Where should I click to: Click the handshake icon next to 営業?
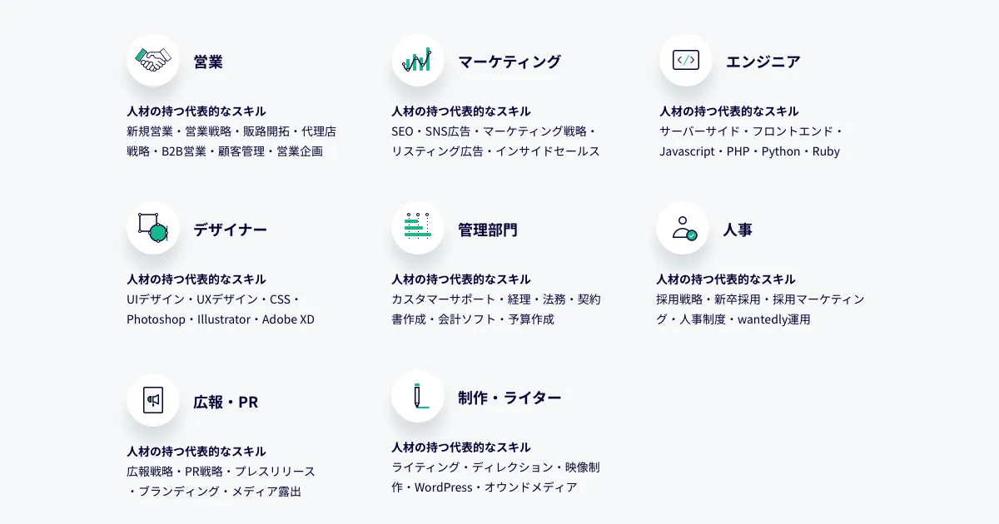(153, 60)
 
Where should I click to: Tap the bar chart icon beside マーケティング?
(417, 60)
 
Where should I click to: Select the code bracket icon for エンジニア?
(685, 60)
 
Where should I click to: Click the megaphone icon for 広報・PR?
(153, 400)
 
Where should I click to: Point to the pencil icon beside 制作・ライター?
(420, 396)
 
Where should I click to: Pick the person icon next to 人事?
(684, 228)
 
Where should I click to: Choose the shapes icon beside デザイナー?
(153, 228)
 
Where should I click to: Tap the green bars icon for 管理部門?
(418, 225)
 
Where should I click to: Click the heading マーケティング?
(509, 62)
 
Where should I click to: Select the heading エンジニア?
(763, 62)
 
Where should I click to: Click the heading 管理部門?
(488, 230)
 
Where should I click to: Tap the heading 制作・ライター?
(509, 398)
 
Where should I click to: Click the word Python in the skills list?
(781, 151)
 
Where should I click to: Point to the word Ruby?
(826, 151)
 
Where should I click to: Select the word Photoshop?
(157, 319)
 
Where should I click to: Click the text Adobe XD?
(288, 319)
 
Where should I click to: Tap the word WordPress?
(443, 487)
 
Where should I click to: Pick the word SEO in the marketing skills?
(402, 131)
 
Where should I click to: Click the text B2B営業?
(184, 151)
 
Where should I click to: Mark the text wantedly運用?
(773, 319)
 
